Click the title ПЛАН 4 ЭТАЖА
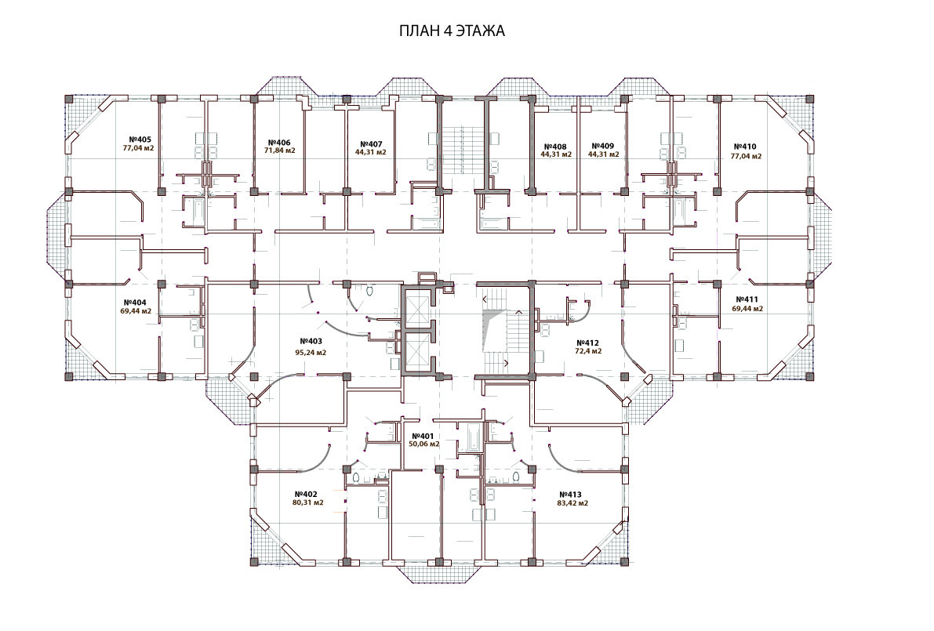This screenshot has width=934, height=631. (x=452, y=31)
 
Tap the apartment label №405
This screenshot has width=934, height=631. (x=140, y=140)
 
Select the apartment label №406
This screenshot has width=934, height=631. (x=278, y=143)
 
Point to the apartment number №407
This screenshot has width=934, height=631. (x=371, y=144)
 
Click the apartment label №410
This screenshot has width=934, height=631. (x=745, y=147)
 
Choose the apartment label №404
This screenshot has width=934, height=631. (x=135, y=303)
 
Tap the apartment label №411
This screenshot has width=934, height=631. (x=747, y=299)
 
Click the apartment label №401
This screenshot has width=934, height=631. (x=423, y=436)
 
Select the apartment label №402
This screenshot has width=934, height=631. (x=306, y=494)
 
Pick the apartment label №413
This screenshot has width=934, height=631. (x=570, y=495)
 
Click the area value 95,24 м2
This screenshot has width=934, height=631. (x=311, y=353)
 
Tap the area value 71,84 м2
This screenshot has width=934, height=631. (x=279, y=150)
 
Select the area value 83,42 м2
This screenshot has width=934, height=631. (x=572, y=503)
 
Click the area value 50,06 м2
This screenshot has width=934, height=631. (x=424, y=444)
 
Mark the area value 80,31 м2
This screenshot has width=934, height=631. (x=308, y=502)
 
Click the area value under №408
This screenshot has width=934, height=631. (x=556, y=154)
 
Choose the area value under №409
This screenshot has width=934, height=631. (x=603, y=154)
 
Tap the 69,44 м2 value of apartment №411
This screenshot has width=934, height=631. (x=747, y=309)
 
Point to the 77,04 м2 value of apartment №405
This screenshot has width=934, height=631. (x=138, y=148)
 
